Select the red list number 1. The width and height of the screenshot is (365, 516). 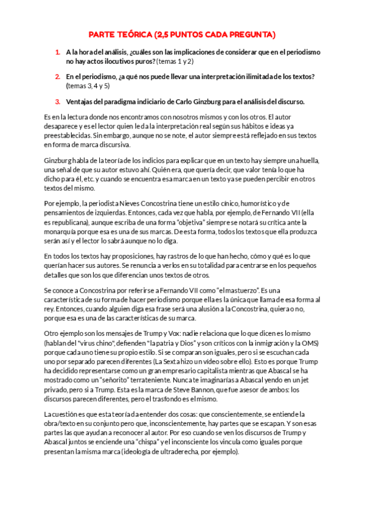pyautogui.click(x=57, y=52)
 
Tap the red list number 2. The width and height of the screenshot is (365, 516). pyautogui.click(x=57, y=77)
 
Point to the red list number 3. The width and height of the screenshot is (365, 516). pyautogui.click(x=57, y=101)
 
